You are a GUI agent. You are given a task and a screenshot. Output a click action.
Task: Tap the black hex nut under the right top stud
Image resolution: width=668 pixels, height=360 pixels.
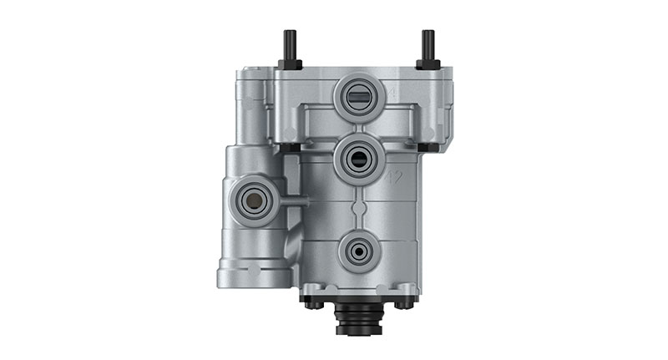(428, 63)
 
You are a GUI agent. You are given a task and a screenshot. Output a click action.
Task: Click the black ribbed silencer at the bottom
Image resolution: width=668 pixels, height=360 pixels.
(359, 318)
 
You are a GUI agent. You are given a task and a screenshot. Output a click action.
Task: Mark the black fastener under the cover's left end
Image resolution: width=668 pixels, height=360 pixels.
(285, 148)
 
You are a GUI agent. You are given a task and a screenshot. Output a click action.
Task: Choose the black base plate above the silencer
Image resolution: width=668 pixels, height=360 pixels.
(359, 294)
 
